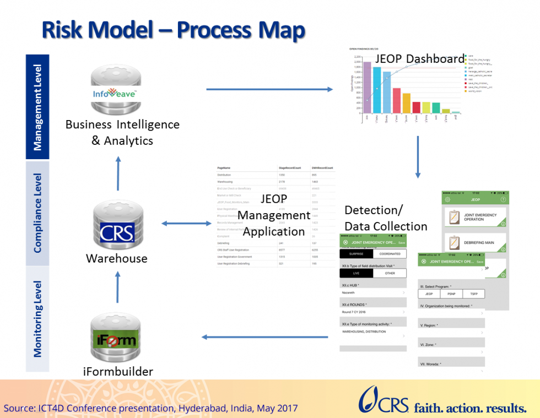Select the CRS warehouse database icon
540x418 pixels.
[116, 225]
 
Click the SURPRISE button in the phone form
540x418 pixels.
[356, 254]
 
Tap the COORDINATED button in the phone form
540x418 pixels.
[390, 254]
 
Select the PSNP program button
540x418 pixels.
[451, 294]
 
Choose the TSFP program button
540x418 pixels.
[473, 294]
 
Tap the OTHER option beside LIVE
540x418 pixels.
[390, 273]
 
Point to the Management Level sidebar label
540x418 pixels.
[37, 107]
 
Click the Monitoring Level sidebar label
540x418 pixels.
[37, 319]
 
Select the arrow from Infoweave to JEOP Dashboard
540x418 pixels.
[270, 89]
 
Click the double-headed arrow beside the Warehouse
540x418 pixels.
[186, 223]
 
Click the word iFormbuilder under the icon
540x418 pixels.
[118, 372]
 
